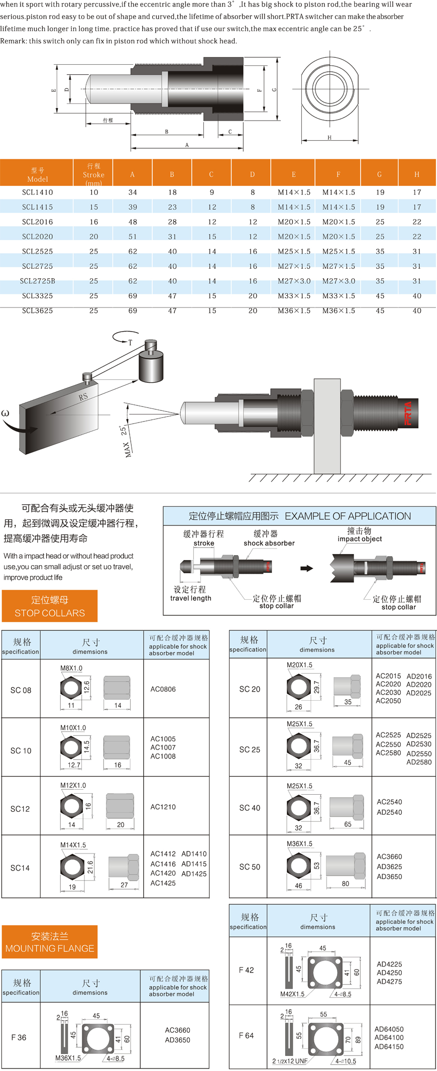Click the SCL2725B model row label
(x=38, y=281)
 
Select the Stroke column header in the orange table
(x=93, y=174)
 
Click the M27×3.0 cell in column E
(x=294, y=281)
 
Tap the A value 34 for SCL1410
(x=133, y=192)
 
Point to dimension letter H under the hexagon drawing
(x=330, y=137)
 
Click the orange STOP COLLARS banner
(x=50, y=606)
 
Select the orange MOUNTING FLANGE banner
(x=50, y=942)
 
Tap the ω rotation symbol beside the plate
(x=6, y=413)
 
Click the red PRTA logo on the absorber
(x=408, y=413)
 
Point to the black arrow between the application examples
(x=306, y=569)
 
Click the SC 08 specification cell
(x=21, y=690)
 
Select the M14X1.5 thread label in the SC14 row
(x=73, y=845)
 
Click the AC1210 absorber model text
(x=163, y=807)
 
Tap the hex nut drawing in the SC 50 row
(x=299, y=866)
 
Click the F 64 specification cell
(x=246, y=1035)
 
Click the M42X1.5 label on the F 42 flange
(x=292, y=994)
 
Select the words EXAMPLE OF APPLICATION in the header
(x=348, y=516)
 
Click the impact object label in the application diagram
(x=360, y=539)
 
